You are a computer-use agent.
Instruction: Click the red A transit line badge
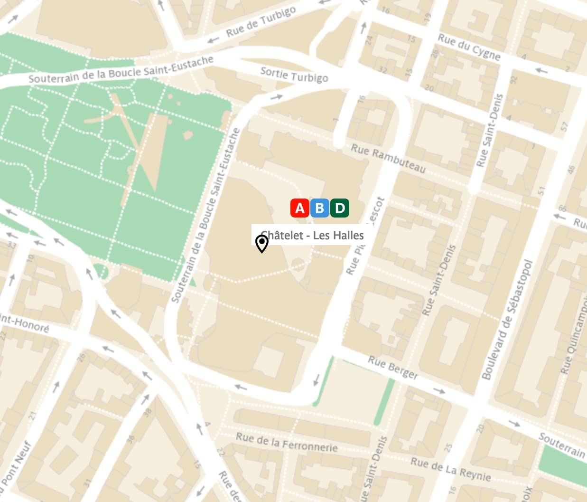pyautogui.click(x=300, y=208)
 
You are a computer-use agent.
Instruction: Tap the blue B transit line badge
pyautogui.click(x=320, y=208)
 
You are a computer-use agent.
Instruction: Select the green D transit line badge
pyautogui.click(x=340, y=208)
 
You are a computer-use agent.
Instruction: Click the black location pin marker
pyautogui.click(x=261, y=243)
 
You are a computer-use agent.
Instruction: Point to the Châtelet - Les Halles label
pyautogui.click(x=312, y=235)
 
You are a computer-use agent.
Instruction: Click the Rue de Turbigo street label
pyautogui.click(x=261, y=22)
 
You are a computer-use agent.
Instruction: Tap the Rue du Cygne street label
pyautogui.click(x=469, y=47)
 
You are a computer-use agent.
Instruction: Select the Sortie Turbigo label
pyautogui.click(x=294, y=75)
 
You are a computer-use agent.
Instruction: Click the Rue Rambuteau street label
pyautogui.click(x=388, y=158)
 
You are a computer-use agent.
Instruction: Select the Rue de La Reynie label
pyautogui.click(x=450, y=469)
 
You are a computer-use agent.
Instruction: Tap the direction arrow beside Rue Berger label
pyautogui.click(x=439, y=391)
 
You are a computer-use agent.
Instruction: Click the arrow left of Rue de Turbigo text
pyautogui.click(x=214, y=39)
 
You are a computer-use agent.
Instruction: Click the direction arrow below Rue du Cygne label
pyautogui.click(x=541, y=71)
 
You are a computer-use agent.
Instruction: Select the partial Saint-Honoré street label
pyautogui.click(x=24, y=323)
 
